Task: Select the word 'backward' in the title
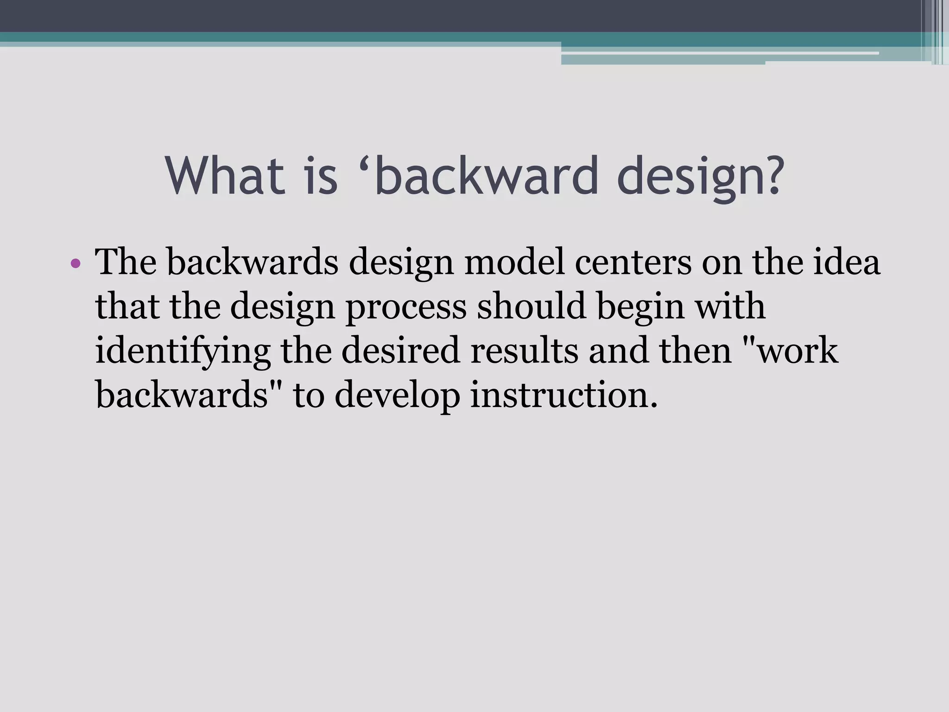pyautogui.click(x=487, y=176)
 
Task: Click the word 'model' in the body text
pyautogui.click(x=514, y=262)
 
